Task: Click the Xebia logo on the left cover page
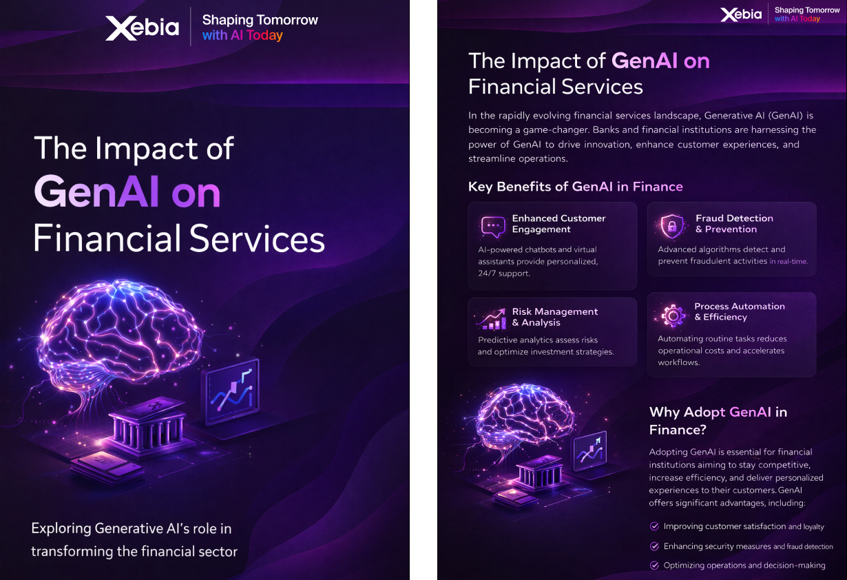click(142, 28)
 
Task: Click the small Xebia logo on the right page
click(741, 14)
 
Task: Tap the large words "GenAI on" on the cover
click(127, 193)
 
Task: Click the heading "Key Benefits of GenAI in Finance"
click(575, 187)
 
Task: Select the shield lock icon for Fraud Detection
click(671, 225)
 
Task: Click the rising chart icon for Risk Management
click(492, 318)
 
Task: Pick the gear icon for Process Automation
click(671, 314)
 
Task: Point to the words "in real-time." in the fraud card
click(788, 262)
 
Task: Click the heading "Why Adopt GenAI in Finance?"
click(718, 421)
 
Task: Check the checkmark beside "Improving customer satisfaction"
click(654, 526)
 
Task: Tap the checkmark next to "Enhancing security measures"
click(654, 546)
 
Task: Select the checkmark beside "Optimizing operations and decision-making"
click(654, 566)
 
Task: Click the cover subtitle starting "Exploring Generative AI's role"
click(134, 540)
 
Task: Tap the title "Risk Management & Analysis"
click(554, 317)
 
